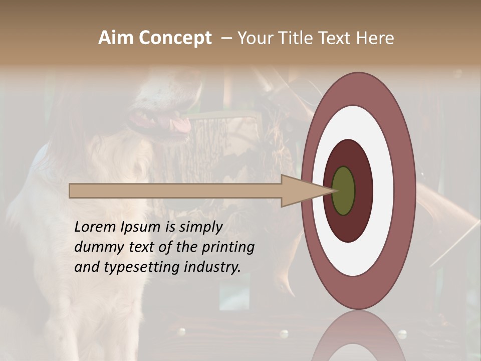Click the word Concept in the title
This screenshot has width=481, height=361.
[174, 38]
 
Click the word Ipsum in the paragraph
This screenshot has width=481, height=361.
[141, 227]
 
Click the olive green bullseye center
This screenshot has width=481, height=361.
[343, 191]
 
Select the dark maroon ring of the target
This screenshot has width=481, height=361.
[363, 191]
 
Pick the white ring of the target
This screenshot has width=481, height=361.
[383, 191]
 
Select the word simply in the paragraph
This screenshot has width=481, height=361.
[200, 227]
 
